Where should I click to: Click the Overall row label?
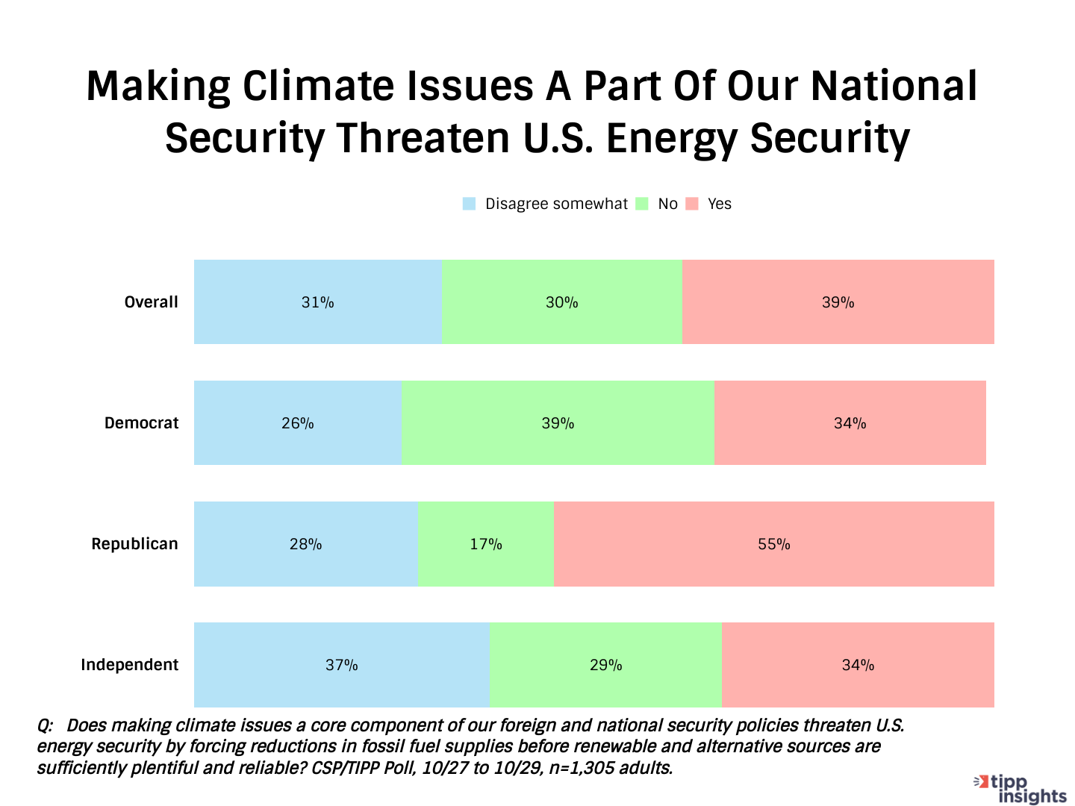pos(151,302)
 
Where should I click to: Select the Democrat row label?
pos(141,423)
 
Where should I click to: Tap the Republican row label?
pos(134,544)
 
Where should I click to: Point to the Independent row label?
pos(129,665)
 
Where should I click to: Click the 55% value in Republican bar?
pos(773,544)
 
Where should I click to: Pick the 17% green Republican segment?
pos(485,544)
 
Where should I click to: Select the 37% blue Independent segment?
pos(341,665)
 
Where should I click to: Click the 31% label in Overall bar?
pos(317,302)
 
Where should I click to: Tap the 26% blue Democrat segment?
pos(297,423)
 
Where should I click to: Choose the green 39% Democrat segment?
pos(558,423)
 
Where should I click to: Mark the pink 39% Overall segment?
pos(838,302)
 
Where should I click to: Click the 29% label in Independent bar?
pos(605,665)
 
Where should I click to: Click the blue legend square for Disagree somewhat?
pos(469,204)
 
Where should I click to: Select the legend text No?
pos(667,204)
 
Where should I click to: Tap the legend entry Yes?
pos(719,204)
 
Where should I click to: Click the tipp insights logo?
pos(1021,789)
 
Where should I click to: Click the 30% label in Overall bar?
pos(561,302)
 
